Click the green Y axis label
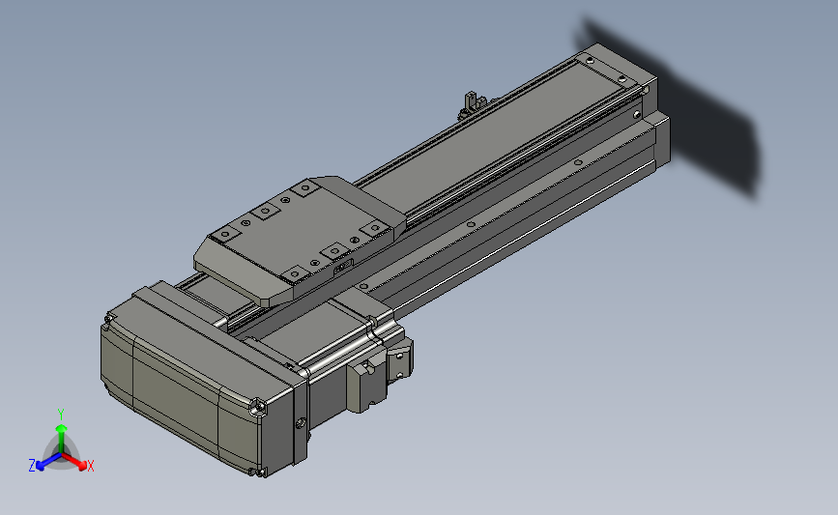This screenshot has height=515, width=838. coord(61,415)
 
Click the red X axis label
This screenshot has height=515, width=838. coord(90,466)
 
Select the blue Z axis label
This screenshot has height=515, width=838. coord(32,466)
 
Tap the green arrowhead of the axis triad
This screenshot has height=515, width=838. coord(62,428)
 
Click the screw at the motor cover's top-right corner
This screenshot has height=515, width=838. coord(259,407)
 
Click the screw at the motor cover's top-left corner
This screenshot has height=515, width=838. coord(109,319)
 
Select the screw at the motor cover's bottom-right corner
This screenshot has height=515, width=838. coord(260,472)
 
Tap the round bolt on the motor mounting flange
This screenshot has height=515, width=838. coord(300,423)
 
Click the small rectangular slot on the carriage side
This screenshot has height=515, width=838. coord(343,266)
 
